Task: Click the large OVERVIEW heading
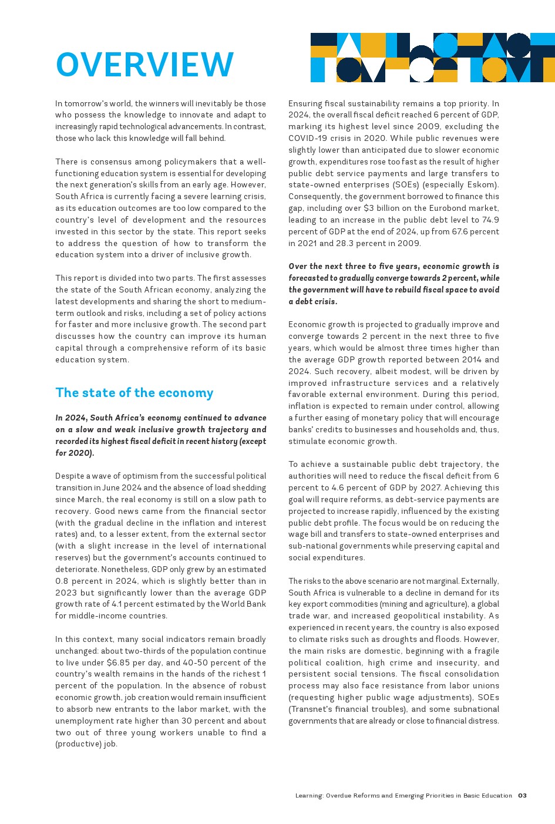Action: coord(144,65)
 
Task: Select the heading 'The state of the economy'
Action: coord(134,393)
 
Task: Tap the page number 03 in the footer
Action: coord(522,796)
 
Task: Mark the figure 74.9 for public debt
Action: coord(489,220)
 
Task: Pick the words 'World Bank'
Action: coord(243,604)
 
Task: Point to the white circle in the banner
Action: coord(421,69)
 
